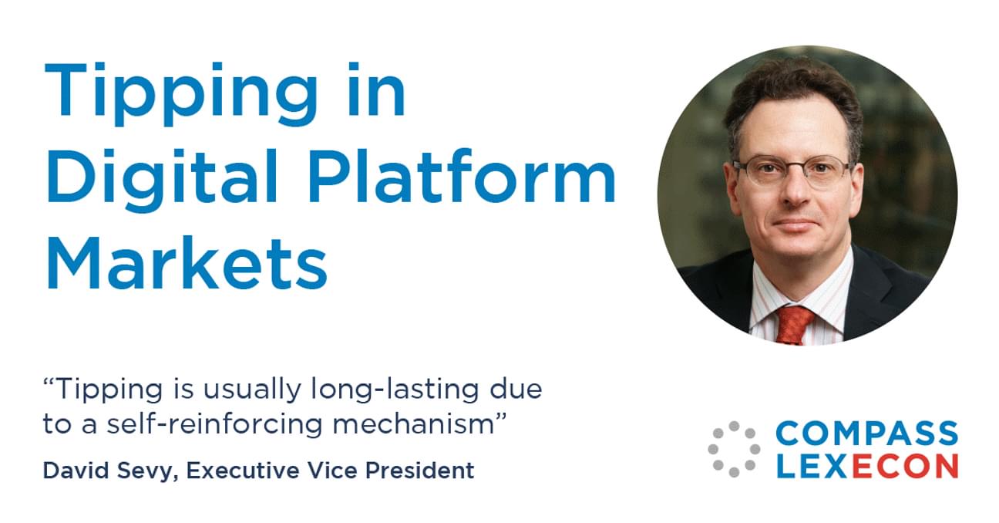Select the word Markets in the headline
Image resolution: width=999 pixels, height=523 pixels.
click(x=187, y=262)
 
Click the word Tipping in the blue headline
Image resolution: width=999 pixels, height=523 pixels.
click(x=181, y=93)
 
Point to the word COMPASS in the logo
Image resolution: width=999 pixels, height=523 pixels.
click(x=866, y=434)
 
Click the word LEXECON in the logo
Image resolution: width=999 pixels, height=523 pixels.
click(x=867, y=466)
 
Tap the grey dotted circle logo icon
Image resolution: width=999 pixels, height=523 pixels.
click(x=734, y=449)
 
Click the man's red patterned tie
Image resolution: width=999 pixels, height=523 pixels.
click(x=795, y=326)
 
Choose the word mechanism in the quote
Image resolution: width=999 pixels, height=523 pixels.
click(x=413, y=423)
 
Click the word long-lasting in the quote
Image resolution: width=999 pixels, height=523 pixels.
click(x=395, y=390)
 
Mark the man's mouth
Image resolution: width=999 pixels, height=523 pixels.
click(x=795, y=223)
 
